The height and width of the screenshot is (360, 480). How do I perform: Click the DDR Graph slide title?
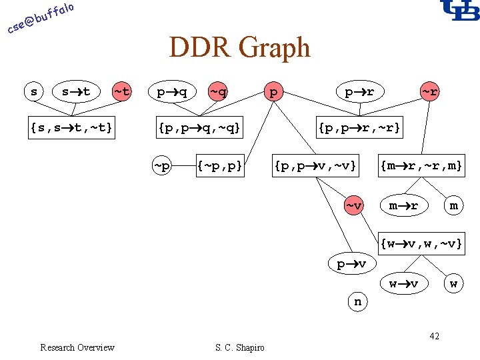[x=239, y=48]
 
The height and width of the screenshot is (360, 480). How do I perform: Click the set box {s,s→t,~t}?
[x=71, y=127]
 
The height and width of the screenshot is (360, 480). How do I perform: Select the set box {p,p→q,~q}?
[x=199, y=127]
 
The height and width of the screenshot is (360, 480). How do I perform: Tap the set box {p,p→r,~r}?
[x=359, y=127]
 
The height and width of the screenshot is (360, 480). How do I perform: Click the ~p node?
[x=161, y=164]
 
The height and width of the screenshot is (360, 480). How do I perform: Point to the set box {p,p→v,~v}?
[x=316, y=164]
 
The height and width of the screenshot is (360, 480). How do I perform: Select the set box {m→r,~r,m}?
[x=421, y=164]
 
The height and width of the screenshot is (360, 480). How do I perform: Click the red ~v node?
[x=354, y=205]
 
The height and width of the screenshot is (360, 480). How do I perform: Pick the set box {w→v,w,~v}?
[x=421, y=244]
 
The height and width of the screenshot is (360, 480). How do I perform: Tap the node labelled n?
[x=358, y=301]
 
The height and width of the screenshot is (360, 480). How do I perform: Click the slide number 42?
[x=434, y=336]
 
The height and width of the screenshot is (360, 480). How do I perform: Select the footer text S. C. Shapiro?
[x=239, y=347]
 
